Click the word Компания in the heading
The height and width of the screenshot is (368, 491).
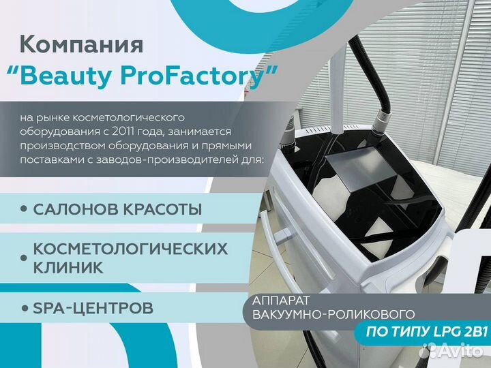pyautogui.click(x=81, y=44)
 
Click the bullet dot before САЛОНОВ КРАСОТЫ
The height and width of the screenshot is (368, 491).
pyautogui.click(x=24, y=209)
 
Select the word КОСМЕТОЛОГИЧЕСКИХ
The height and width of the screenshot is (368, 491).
pyautogui.click(x=130, y=249)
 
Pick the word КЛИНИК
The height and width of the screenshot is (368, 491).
pyautogui.click(x=68, y=268)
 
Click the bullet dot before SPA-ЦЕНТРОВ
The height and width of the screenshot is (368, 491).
pyautogui.click(x=25, y=308)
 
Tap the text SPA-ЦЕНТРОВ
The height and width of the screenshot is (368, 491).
pyautogui.click(x=93, y=308)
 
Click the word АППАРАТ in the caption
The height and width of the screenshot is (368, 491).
pyautogui.click(x=276, y=301)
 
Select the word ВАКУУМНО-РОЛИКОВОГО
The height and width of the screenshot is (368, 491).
pyautogui.click(x=333, y=314)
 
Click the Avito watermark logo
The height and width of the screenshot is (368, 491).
pyautogui.click(x=451, y=350)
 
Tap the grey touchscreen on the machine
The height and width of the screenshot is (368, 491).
pyautogui.click(x=360, y=170)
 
